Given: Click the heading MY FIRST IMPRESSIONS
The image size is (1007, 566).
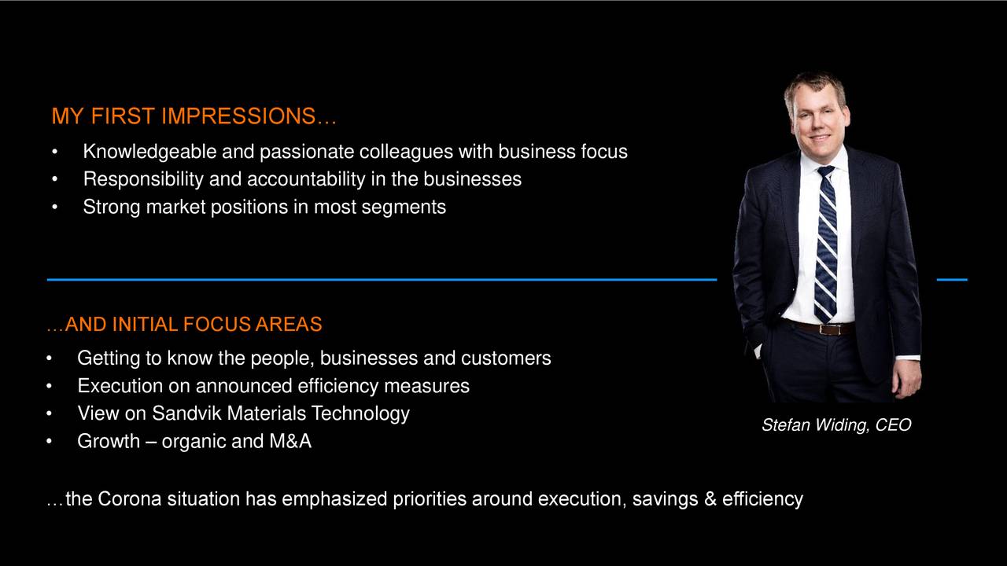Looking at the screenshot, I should point(194,116).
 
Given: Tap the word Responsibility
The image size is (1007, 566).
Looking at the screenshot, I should point(143,179).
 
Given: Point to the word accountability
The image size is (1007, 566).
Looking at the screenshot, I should point(305,179).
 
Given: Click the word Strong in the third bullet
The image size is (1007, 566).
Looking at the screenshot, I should point(112,207).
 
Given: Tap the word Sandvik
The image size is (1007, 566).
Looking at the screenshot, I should point(186,413).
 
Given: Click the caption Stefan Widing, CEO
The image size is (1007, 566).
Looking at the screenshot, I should point(835,425).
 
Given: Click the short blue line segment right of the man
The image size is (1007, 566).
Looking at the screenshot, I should point(952,279).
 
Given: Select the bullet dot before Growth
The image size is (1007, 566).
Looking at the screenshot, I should point(50,442).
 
